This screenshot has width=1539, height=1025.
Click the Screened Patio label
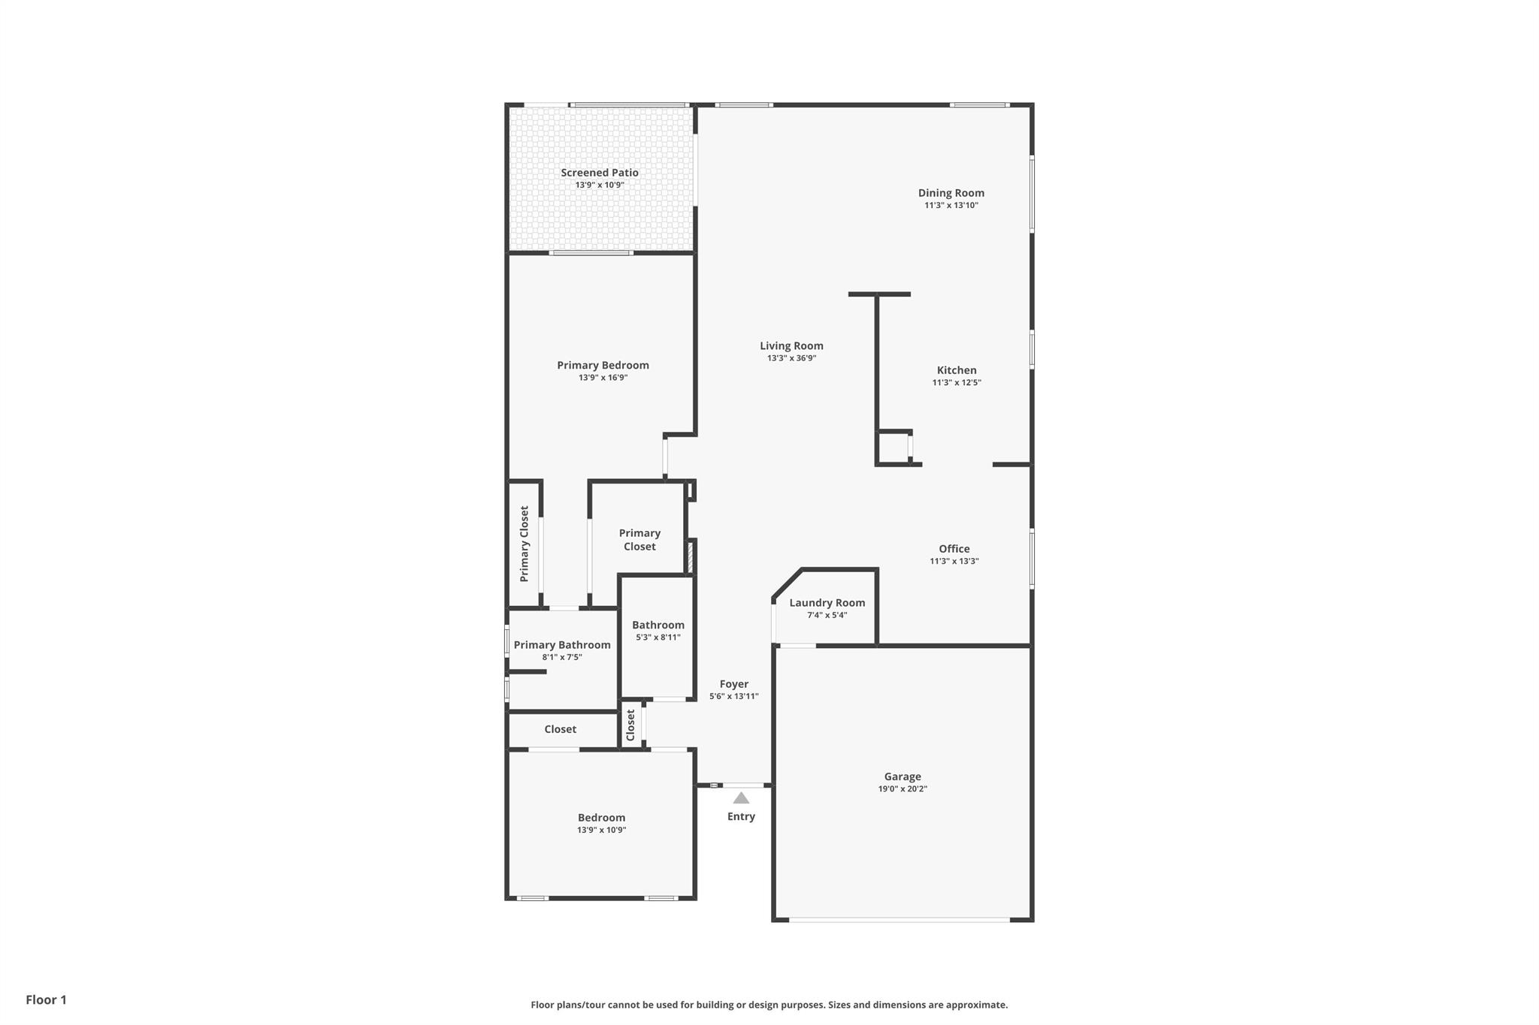(x=599, y=173)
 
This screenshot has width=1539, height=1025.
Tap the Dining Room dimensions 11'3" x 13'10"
(x=951, y=205)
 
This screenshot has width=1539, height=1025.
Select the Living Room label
(x=791, y=346)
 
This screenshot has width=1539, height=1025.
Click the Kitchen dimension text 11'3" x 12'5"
(x=956, y=382)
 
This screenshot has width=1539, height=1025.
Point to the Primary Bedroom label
(x=603, y=366)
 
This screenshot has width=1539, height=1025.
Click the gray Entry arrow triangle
(x=741, y=798)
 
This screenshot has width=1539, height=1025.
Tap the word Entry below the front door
(x=741, y=816)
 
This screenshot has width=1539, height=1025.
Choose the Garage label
(x=902, y=776)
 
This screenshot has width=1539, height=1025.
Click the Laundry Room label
(x=827, y=603)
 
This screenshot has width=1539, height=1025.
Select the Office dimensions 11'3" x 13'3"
(x=954, y=561)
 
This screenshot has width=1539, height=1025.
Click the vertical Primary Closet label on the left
(x=525, y=544)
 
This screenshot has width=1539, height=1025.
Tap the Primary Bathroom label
(x=561, y=645)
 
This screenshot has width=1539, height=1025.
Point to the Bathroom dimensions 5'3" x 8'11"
(x=658, y=638)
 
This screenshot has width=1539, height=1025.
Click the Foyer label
(x=733, y=684)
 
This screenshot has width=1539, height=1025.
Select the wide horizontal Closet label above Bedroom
(x=560, y=729)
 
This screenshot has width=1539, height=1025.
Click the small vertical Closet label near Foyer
(x=630, y=725)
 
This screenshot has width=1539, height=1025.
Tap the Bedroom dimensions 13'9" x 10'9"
(x=601, y=830)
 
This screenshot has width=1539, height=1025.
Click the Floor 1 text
(x=46, y=999)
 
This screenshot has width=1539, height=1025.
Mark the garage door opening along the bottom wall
(x=899, y=919)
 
